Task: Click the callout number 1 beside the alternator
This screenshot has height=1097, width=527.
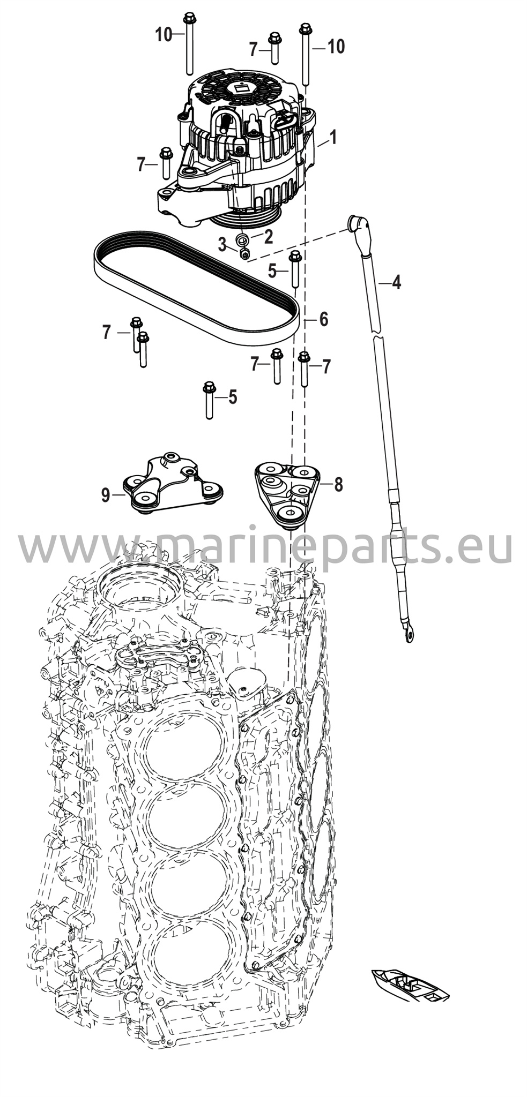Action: [333, 138]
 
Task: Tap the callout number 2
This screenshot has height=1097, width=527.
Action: [268, 236]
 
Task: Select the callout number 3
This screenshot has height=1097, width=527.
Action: [222, 246]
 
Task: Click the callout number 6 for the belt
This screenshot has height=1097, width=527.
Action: [323, 319]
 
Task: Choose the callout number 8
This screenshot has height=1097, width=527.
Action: [338, 485]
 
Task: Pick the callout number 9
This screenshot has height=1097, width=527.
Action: [106, 495]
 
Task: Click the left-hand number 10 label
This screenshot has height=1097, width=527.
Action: [164, 35]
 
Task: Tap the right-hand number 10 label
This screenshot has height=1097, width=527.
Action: [336, 47]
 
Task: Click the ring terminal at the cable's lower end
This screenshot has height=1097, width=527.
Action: [409, 635]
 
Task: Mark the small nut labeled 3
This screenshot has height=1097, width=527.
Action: [245, 253]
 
